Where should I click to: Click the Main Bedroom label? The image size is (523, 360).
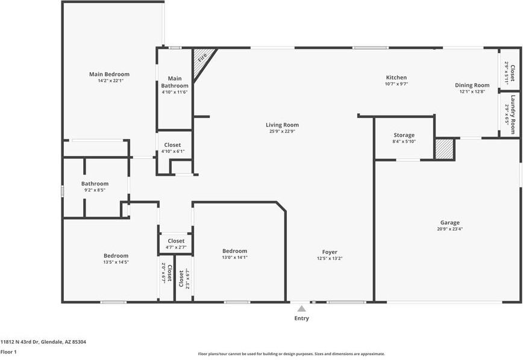(109, 74)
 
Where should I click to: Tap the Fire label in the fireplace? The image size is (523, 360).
(202, 58)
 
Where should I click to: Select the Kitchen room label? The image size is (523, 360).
(396, 77)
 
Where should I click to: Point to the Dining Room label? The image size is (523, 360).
(472, 85)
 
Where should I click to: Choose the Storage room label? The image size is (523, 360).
(404, 135)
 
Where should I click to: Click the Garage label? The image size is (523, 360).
(449, 222)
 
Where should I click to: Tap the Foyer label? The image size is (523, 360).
(330, 252)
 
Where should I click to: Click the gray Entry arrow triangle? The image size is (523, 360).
(301, 308)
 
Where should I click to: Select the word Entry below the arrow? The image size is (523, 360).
(301, 318)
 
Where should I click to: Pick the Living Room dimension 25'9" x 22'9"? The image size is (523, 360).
(282, 131)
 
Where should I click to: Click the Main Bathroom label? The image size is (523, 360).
(175, 82)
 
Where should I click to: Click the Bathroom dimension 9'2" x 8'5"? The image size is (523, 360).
(95, 190)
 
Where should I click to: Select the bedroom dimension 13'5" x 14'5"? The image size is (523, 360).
(116, 262)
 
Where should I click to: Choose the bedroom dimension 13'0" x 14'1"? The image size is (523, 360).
(234, 258)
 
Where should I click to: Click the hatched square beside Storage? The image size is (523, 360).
(444, 149)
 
